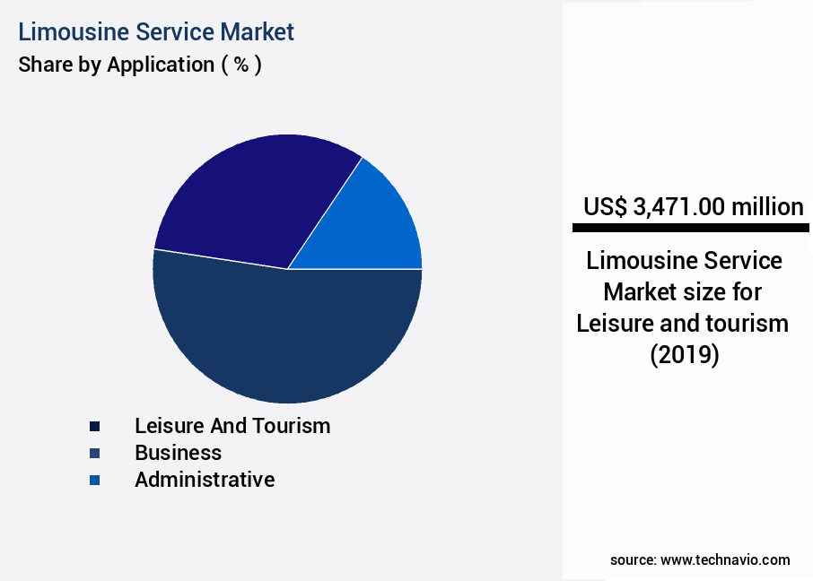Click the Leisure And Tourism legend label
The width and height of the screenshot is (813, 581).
pos(232,426)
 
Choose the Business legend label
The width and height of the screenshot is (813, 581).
pos(178,453)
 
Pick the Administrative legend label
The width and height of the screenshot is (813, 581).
pos(205,480)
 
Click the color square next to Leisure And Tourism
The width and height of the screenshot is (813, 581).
pos(94,427)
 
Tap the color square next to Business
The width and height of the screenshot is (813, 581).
pos(94,454)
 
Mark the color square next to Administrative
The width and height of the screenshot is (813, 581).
pos(94,481)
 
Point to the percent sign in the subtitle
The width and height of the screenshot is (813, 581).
pos(241,65)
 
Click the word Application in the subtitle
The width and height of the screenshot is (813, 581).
pos(160,65)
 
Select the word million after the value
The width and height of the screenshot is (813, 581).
pos(767,207)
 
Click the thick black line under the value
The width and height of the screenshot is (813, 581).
pos(690,228)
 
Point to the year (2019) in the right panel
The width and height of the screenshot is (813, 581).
pos(684,355)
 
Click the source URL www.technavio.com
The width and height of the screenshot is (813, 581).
pos(725,559)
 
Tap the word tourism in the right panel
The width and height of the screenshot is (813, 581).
pos(748,323)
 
